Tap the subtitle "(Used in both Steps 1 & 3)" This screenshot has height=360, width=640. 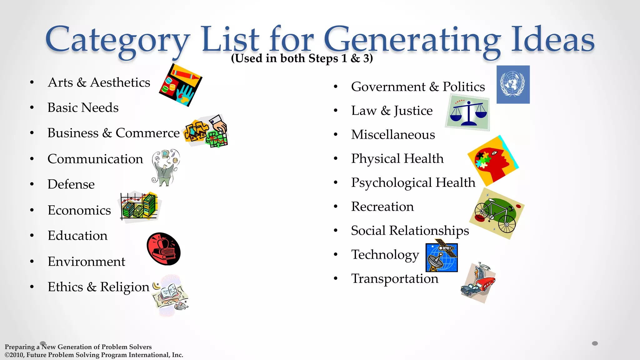click(302, 58)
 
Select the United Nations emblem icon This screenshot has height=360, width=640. click(513, 84)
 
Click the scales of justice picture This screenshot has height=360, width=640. click(467, 112)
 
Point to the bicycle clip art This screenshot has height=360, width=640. click(497, 214)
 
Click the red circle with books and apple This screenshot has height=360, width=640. click(163, 249)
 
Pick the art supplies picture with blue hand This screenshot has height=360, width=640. click(180, 85)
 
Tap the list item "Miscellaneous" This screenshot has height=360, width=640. click(393, 135)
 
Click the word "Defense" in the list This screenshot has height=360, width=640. click(71, 184)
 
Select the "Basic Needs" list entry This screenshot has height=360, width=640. click(83, 107)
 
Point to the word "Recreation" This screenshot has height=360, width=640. click(382, 207)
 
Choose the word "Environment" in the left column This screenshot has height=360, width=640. click(86, 261)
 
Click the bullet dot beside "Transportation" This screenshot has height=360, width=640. click(336, 278)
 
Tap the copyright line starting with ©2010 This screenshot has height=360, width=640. click(94, 355)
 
